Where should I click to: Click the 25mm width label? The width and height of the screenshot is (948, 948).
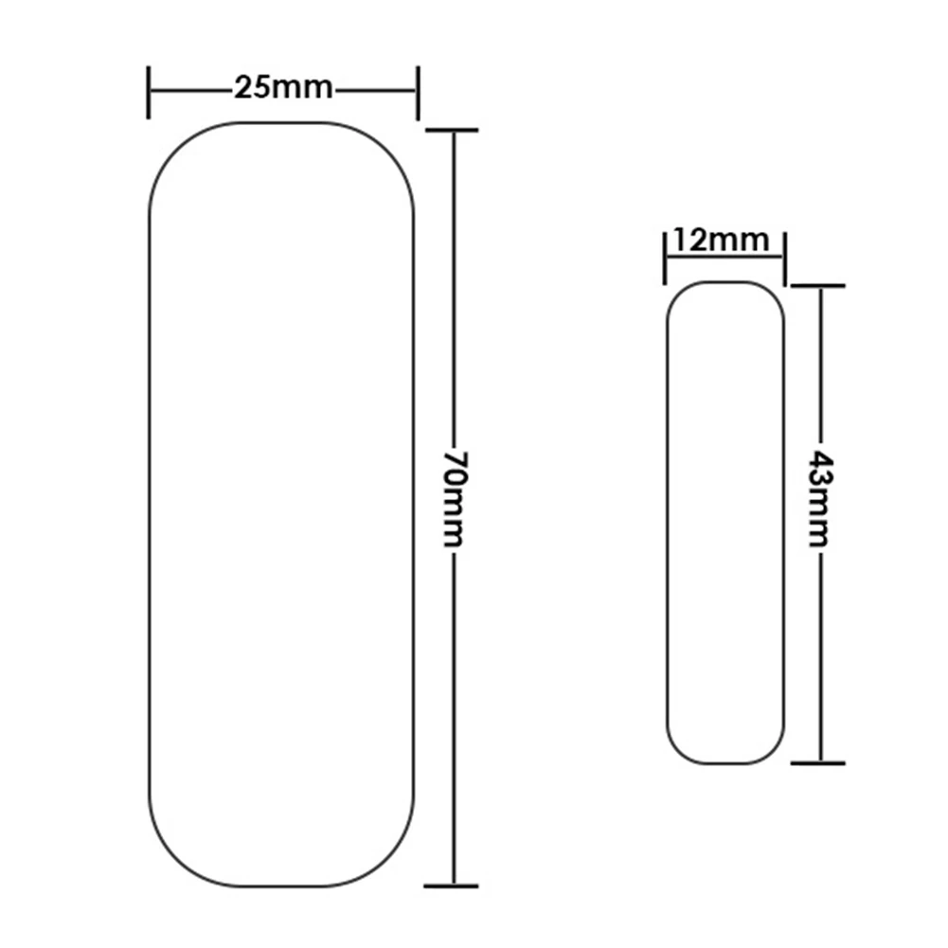pyautogui.click(x=283, y=89)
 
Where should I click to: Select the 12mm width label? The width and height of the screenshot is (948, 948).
pyautogui.click(x=722, y=241)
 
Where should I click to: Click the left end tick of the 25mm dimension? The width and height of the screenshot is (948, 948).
pyautogui.click(x=149, y=91)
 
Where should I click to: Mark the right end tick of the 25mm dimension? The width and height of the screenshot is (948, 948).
pyautogui.click(x=417, y=91)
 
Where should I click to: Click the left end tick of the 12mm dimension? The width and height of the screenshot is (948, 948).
pyautogui.click(x=664, y=255)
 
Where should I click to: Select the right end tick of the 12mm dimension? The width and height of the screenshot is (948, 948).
pyautogui.click(x=785, y=255)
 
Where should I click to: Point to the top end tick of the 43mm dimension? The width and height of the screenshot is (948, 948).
pyautogui.click(x=819, y=285)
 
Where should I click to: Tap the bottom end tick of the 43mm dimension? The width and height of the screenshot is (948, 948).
pyautogui.click(x=819, y=761)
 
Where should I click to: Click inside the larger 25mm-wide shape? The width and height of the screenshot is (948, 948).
pyautogui.click(x=282, y=502)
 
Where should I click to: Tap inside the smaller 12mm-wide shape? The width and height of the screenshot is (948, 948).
pyautogui.click(x=725, y=521)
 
